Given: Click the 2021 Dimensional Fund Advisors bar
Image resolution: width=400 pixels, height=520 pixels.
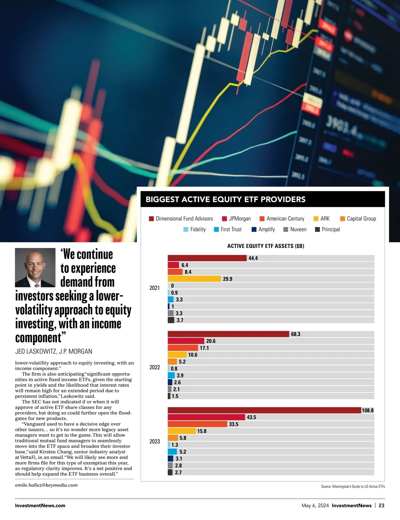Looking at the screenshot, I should pos(207,258).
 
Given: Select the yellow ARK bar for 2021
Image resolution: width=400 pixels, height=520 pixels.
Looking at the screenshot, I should pos(194,279).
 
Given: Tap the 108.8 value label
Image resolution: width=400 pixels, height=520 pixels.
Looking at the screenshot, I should pos(368,410).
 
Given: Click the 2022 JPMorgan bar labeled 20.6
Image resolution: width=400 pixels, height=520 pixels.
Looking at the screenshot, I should pos(186,341).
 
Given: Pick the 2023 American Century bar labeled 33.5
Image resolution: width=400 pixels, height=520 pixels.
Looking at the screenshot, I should pos(197,424).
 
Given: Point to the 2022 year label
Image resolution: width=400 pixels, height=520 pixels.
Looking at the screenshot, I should pos(155,367).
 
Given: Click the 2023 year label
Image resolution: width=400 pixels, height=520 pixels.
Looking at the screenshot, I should pos(155,441).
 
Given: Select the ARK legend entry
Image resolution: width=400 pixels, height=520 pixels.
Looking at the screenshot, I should pos(322,219).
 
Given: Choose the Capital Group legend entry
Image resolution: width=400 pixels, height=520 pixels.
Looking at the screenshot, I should pos(358,219).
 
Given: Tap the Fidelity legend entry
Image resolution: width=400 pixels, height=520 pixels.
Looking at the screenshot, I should pos(195,229).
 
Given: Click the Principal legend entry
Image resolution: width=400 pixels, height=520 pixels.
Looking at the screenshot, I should pos(327,229).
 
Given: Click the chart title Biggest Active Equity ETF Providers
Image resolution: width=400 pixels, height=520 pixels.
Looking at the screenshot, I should pos(226,199).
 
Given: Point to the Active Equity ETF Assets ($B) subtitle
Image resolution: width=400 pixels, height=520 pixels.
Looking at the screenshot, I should pos(266,246).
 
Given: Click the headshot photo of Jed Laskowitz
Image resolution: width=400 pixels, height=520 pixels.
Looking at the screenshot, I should pos(35,267).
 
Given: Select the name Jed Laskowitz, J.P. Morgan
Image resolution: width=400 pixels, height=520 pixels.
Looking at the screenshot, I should pos(54,351).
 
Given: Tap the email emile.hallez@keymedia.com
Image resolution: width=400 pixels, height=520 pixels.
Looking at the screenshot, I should pos(46,485).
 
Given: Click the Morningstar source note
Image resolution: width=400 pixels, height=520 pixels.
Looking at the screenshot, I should pos(353,487).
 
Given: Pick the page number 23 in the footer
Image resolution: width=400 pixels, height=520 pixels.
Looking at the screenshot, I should pos(381,505).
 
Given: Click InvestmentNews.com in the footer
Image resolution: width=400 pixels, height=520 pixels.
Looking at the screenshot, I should pos(40,505).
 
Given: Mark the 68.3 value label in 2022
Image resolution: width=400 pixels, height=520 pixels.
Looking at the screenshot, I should pos(296,334).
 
